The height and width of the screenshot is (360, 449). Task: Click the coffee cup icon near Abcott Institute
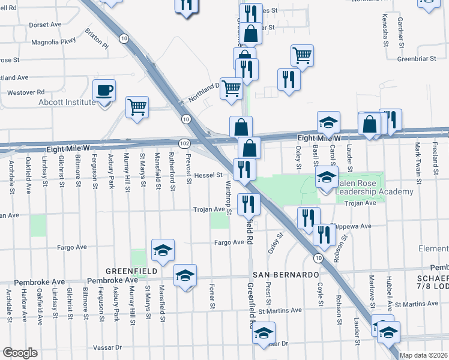(x=104, y=91)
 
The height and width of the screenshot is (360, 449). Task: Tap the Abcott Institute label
(x=67, y=102)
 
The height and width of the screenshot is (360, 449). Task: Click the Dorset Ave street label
(x=46, y=25)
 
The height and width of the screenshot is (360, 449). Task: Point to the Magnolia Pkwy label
(x=56, y=42)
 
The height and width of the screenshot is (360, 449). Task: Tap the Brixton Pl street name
(x=97, y=38)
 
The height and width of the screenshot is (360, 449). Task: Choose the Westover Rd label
(x=26, y=92)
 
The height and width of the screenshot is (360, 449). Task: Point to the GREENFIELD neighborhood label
(x=131, y=271)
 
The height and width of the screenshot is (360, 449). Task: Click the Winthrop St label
(x=228, y=194)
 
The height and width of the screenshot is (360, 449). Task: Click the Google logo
(x=20, y=353)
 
